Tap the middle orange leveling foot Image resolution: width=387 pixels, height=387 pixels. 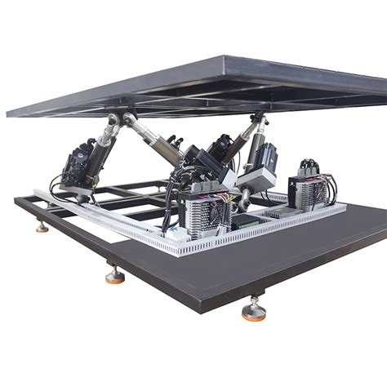click(115, 275)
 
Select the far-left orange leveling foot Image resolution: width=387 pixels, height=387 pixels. click(42, 227)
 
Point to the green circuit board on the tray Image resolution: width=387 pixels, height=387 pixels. click(246, 220)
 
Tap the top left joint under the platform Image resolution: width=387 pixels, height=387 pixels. click(115, 122)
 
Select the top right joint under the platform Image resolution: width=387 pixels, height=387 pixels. click(260, 119)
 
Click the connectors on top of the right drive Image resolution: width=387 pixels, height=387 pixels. click(309, 166)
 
